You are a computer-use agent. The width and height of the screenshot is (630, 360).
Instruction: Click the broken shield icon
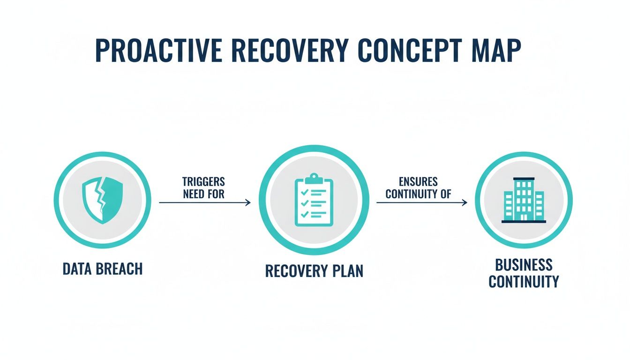click(102, 201)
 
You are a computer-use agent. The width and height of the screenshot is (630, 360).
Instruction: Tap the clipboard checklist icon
click(314, 200)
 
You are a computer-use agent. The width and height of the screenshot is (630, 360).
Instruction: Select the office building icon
click(524, 200)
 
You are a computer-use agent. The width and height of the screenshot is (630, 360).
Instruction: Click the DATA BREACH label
click(102, 269)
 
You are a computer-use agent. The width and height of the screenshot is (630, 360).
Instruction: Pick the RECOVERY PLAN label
click(314, 271)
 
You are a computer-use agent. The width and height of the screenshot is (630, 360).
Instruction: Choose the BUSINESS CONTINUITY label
click(524, 273)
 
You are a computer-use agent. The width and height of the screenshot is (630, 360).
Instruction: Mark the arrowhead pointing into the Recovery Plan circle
click(248, 202)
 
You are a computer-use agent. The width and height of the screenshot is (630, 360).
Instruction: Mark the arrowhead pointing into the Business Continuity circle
click(465, 202)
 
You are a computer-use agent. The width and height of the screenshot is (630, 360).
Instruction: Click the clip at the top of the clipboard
click(314, 179)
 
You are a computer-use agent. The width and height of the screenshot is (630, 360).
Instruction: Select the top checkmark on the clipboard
click(304, 192)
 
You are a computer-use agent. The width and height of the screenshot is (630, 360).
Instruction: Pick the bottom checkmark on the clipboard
click(304, 214)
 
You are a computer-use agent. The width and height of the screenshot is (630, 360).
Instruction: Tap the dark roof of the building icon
click(524, 179)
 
